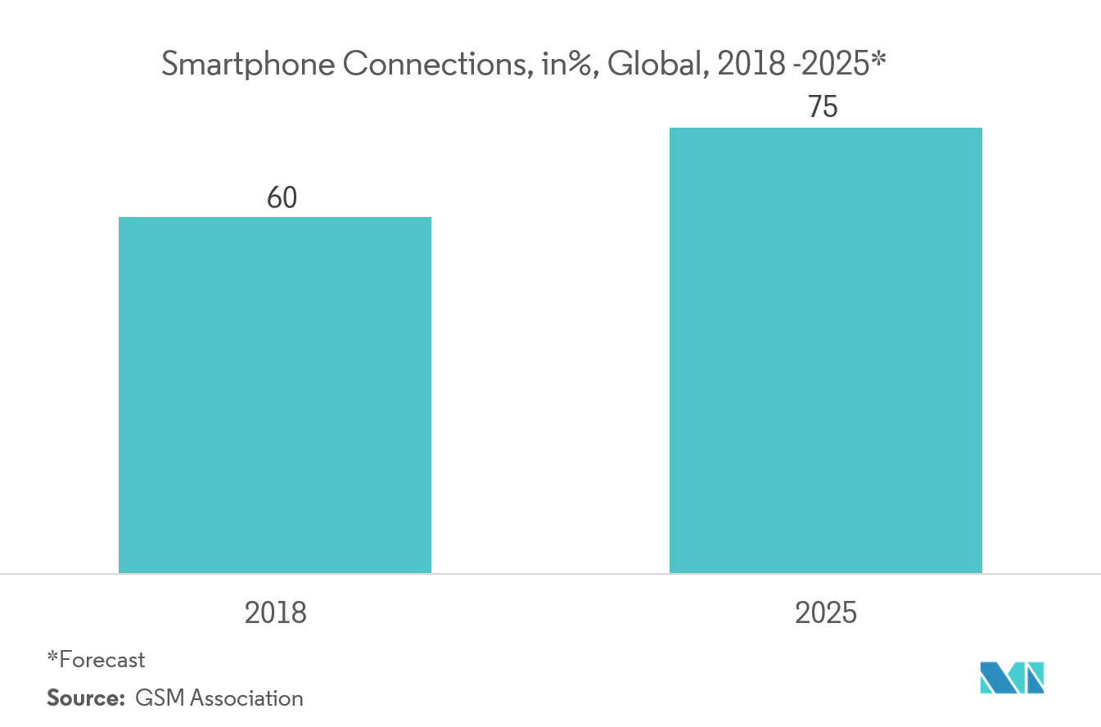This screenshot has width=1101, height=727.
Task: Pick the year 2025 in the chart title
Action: click(x=838, y=65)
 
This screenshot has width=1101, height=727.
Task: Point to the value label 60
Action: click(x=282, y=198)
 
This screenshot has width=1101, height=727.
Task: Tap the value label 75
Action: click(x=823, y=108)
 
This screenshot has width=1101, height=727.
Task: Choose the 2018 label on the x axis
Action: click(x=275, y=612)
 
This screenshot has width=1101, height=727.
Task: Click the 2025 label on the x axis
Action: click(x=825, y=612)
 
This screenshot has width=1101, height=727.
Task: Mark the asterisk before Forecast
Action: click(x=52, y=656)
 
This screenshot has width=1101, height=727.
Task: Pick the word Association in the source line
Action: click(x=247, y=698)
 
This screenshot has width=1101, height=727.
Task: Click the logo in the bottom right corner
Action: click(x=1012, y=677)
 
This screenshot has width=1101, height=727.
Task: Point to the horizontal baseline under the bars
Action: click(x=550, y=574)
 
